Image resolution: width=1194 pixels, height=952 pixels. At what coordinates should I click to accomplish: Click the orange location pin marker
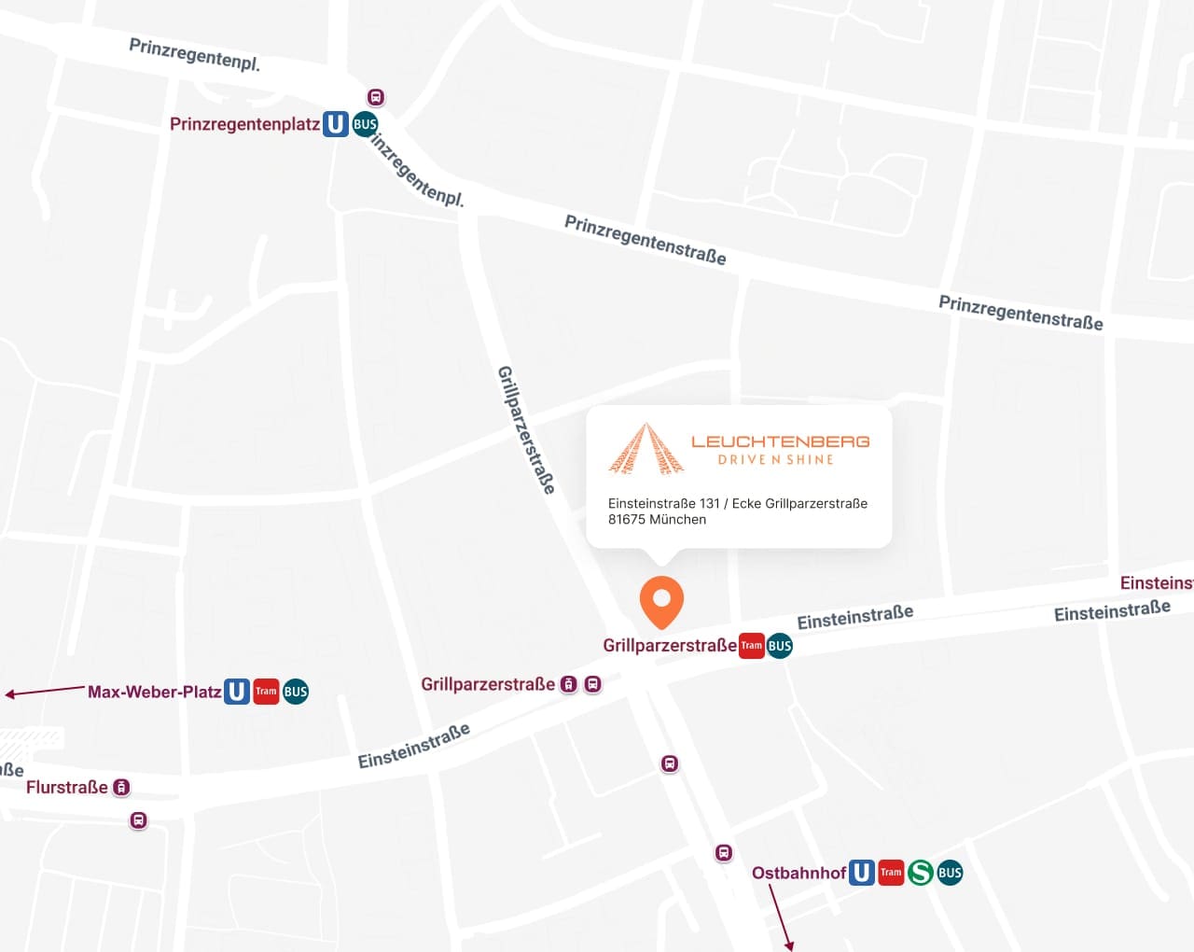[x=661, y=601]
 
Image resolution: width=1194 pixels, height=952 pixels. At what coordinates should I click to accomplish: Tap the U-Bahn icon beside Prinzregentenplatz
[x=336, y=124]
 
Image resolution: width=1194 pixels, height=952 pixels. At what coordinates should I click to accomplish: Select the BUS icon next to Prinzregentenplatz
[x=365, y=124]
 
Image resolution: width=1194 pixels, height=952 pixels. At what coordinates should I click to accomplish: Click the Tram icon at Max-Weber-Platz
[x=266, y=692]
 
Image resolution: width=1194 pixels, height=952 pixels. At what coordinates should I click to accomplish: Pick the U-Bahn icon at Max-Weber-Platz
[x=237, y=692]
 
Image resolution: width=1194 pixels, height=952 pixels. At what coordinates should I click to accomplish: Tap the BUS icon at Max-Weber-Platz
[x=296, y=692]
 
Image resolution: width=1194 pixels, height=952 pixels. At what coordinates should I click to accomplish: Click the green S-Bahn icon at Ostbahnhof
[x=921, y=873]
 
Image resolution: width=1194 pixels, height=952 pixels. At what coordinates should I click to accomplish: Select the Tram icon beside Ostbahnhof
[x=891, y=873]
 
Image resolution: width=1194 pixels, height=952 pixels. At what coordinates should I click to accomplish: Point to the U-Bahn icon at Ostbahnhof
[x=862, y=873]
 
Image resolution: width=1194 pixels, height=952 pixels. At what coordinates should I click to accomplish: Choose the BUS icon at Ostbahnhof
[x=950, y=873]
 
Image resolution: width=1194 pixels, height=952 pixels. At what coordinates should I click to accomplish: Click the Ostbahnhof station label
[x=798, y=873]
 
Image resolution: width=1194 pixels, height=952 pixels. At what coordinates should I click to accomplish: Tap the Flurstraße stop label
[x=67, y=787]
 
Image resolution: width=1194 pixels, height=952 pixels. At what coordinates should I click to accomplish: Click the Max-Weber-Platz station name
[x=154, y=692]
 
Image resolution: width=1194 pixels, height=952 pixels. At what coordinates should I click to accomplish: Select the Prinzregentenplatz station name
[x=244, y=124]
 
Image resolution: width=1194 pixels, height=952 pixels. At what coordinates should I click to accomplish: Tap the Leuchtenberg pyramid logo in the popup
[x=646, y=449]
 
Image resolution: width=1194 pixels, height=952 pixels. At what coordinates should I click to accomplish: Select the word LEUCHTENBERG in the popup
[x=780, y=441]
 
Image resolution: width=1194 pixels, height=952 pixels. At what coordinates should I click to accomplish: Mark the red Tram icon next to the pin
[x=751, y=646]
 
